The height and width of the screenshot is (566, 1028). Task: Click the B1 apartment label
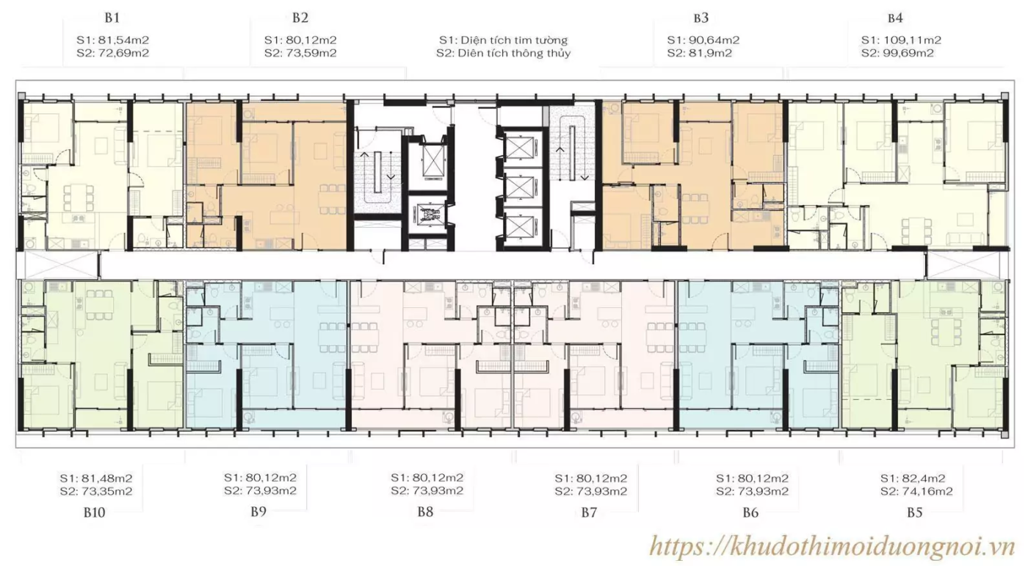tap(112, 18)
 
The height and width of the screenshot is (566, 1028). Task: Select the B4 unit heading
tap(895, 18)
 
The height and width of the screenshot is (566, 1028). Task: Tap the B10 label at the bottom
tap(94, 513)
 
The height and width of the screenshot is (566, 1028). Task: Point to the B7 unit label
tap(590, 512)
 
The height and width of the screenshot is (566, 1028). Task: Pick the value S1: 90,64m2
tap(703, 40)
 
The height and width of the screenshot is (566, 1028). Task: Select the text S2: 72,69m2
tap(113, 53)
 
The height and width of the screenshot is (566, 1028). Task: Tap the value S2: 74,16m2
tap(916, 491)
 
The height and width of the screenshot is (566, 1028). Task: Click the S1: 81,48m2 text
tap(95, 478)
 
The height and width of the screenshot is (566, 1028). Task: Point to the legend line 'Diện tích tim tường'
tap(503, 40)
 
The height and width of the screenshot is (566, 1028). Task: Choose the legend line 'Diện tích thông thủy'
tap(503, 53)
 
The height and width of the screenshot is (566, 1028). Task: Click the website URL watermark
tap(832, 545)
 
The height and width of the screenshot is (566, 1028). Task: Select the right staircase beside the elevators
tap(571, 154)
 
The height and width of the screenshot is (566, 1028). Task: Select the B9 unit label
tap(258, 512)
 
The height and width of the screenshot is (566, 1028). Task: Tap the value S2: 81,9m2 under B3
tap(700, 53)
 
